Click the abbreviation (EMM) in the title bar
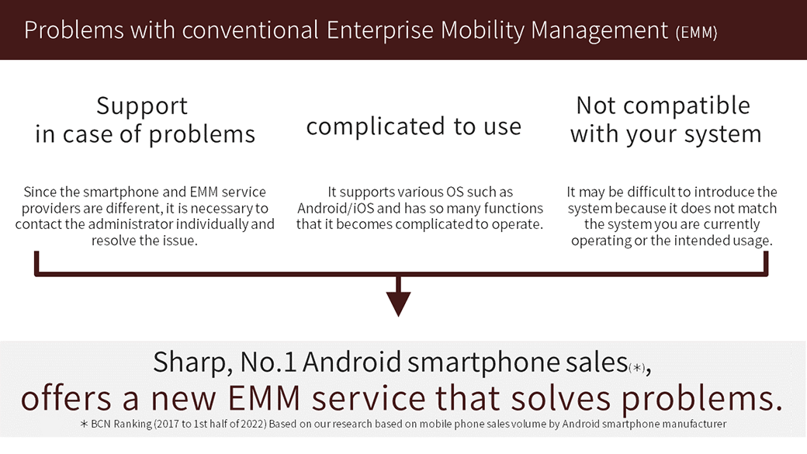696,33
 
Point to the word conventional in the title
250,30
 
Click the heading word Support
142,107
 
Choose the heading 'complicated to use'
414,126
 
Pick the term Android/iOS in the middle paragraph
336,208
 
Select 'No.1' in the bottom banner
268,362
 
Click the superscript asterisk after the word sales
637,368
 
